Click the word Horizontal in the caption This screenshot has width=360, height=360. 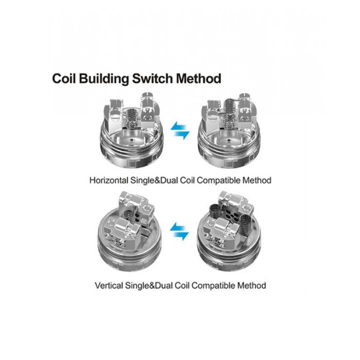tap(110, 181)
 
